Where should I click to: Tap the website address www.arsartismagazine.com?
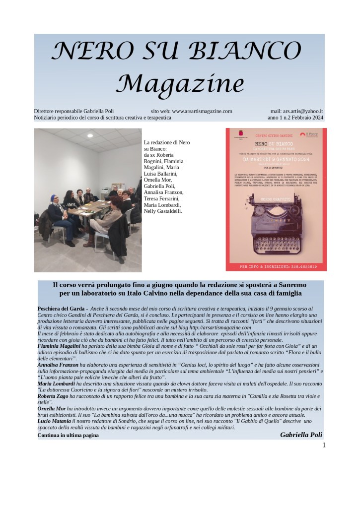202,112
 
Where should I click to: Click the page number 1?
324,445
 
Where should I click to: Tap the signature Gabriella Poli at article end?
301,435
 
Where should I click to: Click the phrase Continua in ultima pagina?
68,436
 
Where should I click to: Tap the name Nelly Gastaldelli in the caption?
162,211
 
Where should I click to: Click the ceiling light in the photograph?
90,135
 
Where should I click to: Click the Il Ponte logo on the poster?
311,134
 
